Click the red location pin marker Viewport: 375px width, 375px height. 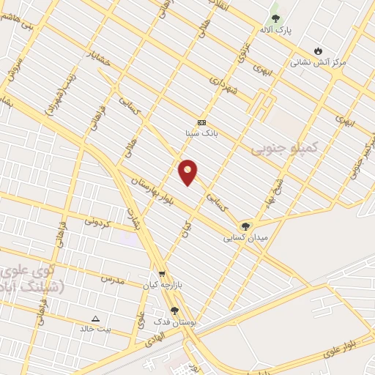(188, 171)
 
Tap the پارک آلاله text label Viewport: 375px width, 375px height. (275, 30)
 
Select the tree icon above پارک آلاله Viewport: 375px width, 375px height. (275, 18)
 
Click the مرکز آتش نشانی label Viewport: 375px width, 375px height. (318, 62)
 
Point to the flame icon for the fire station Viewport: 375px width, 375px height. (318, 51)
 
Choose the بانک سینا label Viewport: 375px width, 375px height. (202, 133)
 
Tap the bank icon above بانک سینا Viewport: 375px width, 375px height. (202, 122)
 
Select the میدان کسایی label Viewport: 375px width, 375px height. (246, 238)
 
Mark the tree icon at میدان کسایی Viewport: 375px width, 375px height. (245, 226)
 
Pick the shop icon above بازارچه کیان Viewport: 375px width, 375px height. (162, 274)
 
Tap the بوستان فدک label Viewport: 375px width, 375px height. (174, 322)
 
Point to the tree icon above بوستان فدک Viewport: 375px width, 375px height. (174, 311)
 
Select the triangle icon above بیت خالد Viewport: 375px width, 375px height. (96, 319)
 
